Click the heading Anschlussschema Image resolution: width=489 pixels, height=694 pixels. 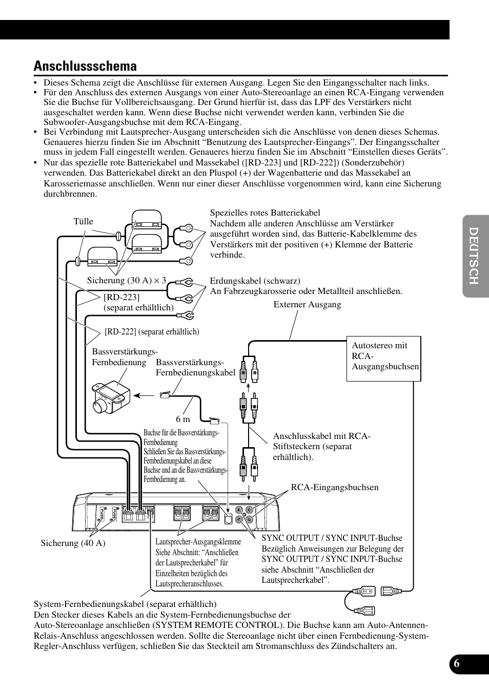coord(85,66)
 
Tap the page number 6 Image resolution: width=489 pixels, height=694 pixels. coord(457,663)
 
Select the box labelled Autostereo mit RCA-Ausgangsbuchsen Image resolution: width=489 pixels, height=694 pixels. coord(384,358)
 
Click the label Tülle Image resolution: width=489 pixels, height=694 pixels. coord(84,221)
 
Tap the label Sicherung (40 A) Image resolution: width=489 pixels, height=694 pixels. coord(73,543)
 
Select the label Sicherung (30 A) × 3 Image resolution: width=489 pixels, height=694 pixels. coord(127,280)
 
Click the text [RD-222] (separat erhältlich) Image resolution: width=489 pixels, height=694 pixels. coord(152,331)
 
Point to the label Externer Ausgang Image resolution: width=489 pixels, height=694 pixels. coord(307,304)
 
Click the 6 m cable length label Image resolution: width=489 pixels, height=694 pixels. coord(183,419)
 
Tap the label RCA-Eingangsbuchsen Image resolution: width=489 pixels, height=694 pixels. coord(335,487)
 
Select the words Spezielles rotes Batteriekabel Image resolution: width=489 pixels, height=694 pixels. coord(265,213)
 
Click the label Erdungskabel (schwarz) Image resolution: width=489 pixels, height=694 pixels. coord(255,281)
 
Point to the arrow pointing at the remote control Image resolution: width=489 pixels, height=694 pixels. coord(147,395)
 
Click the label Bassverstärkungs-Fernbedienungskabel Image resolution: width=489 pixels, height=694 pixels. coord(195,368)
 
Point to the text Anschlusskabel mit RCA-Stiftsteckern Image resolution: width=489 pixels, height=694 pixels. coord(321,436)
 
